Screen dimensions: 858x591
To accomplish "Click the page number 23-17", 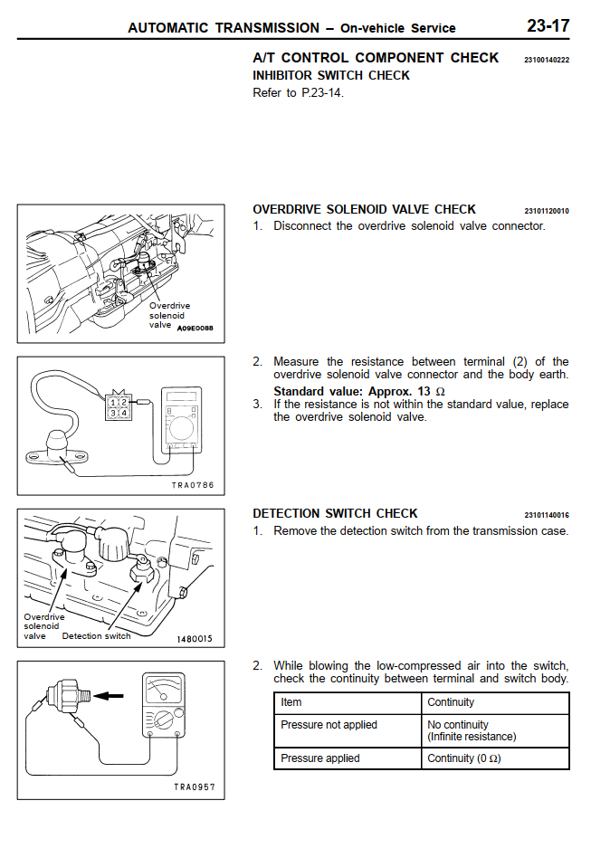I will tap(548, 25).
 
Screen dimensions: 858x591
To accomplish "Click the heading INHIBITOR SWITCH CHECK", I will tap(331, 75).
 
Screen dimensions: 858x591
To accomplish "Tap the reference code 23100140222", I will tap(547, 60).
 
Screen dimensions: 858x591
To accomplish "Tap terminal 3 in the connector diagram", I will tap(112, 413).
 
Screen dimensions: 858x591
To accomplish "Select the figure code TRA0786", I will tap(193, 485).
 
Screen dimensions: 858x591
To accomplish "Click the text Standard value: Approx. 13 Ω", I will tap(359, 391).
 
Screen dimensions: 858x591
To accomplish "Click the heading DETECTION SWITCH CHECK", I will tap(335, 513).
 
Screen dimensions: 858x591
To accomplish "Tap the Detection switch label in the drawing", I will tap(96, 635).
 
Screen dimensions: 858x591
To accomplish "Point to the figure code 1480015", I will tap(194, 638).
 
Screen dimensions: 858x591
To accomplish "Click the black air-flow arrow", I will tap(110, 696).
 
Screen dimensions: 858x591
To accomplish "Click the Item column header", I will tap(291, 702).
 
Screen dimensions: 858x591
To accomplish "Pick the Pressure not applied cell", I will tap(329, 725).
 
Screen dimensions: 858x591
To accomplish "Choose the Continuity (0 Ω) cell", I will tap(463, 758).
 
